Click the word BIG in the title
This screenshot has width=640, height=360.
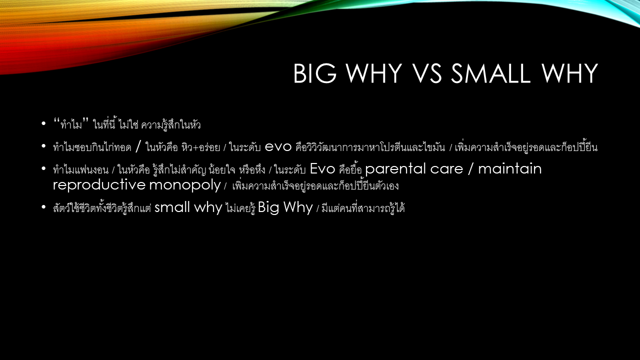coord(315,73)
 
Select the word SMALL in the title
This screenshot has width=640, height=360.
coord(490,73)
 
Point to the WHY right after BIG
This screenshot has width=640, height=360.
coord(374,73)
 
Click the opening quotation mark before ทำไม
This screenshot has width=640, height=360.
coord(56,120)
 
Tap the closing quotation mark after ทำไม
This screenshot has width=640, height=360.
coord(85,120)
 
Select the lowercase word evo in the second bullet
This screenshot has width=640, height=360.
coord(278,147)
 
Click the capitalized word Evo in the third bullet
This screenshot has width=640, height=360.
coord(322,168)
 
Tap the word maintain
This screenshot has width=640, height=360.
coord(510,168)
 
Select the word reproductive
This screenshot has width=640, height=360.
coord(99,184)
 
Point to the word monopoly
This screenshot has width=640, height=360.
coord(185,185)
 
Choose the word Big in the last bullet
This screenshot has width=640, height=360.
coord(268,207)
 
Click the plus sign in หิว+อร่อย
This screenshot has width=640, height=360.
coord(195,147)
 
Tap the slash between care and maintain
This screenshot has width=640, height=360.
coord(470,169)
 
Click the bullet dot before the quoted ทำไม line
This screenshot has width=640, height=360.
coord(43,123)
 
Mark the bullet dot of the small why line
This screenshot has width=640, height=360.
coord(43,207)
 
